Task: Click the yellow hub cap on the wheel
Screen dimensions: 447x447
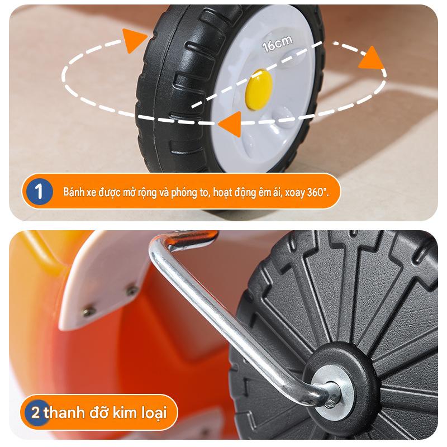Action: [x=258, y=89]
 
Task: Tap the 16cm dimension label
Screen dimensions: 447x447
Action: [x=277, y=44]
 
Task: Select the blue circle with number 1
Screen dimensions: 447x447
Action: [x=39, y=191]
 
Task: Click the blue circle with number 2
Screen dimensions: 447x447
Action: [x=36, y=412]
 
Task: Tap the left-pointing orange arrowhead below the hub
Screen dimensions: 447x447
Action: [x=230, y=124]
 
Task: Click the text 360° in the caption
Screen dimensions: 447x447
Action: [x=318, y=192]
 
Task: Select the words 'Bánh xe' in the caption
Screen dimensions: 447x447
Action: [x=79, y=192]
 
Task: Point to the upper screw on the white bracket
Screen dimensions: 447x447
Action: [x=132, y=290]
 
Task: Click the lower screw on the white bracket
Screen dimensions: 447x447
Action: [x=89, y=311]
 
